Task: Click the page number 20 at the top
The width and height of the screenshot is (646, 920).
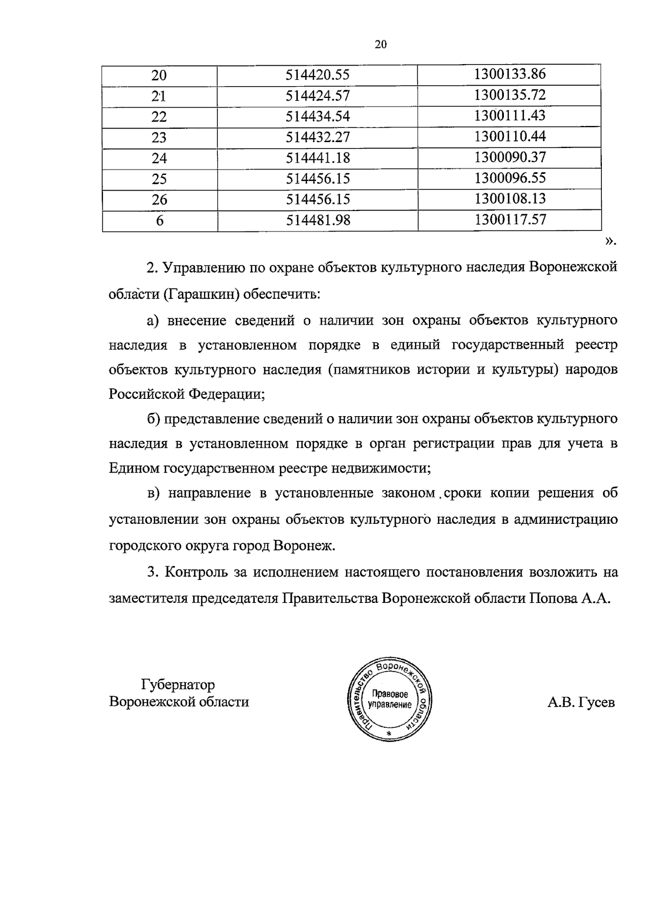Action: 381,45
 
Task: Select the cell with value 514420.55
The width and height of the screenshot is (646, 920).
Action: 318,75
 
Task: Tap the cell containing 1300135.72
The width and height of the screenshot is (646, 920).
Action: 510,95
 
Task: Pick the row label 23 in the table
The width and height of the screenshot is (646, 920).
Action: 159,138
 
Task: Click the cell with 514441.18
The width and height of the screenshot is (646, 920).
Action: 318,158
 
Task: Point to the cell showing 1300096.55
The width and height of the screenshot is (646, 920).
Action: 510,178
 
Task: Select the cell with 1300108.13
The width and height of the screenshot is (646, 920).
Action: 510,199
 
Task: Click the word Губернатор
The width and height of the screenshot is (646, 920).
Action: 178,685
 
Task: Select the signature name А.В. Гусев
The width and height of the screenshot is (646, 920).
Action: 580,703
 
